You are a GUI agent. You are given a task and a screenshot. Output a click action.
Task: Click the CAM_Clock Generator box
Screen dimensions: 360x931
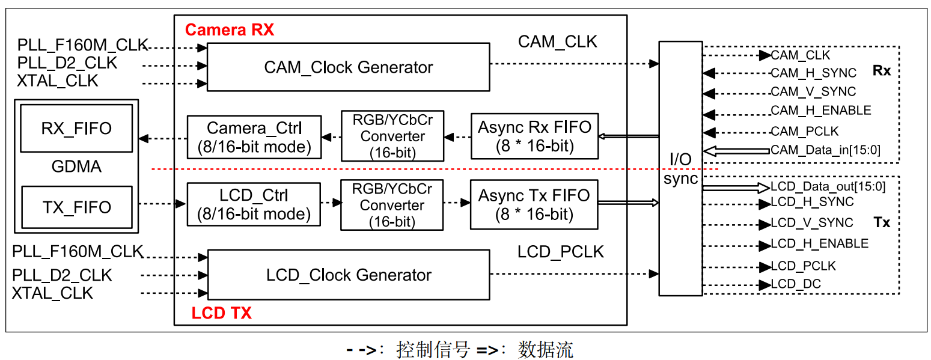click(x=348, y=67)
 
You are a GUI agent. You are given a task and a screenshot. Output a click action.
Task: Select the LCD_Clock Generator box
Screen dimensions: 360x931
click(x=348, y=275)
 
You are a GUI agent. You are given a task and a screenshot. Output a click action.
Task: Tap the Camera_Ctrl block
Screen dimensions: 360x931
click(x=254, y=137)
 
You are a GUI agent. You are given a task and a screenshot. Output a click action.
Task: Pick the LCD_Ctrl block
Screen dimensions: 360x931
click(x=254, y=204)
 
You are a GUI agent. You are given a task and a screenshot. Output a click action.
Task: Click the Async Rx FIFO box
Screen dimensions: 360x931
click(x=534, y=136)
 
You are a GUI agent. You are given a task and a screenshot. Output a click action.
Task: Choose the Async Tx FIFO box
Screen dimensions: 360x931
click(x=534, y=204)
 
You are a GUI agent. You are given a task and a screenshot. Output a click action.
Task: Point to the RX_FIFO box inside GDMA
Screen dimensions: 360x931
click(x=76, y=129)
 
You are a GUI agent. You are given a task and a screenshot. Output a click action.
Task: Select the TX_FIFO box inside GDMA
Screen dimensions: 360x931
click(x=76, y=207)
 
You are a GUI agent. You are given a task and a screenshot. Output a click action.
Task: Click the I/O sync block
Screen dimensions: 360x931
click(x=680, y=169)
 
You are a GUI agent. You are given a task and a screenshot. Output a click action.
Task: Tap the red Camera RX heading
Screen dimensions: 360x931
click(x=230, y=30)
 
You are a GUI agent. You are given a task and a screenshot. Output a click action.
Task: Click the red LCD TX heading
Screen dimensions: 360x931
click(x=221, y=313)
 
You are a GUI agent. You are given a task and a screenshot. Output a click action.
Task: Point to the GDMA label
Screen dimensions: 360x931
click(x=76, y=167)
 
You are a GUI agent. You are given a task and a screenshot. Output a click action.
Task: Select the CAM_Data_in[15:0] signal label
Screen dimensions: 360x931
click(x=825, y=150)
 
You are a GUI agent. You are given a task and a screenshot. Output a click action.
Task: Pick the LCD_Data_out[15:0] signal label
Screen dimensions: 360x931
click(x=828, y=187)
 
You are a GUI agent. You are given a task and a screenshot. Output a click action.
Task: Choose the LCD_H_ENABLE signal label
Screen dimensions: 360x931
click(x=819, y=243)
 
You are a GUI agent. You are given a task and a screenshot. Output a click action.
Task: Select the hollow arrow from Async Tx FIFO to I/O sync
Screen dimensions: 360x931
click(x=629, y=203)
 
